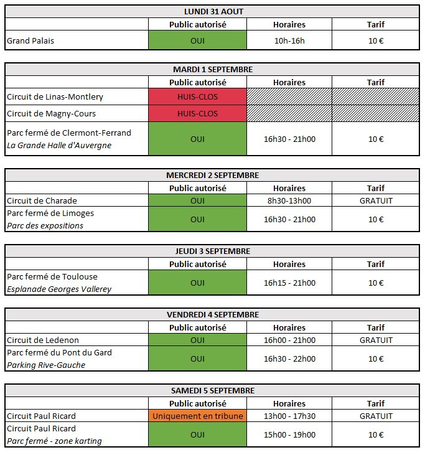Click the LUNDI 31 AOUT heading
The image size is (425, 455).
tap(213, 12)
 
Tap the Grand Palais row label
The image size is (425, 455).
tap(30, 40)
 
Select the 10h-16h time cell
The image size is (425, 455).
tap(289, 40)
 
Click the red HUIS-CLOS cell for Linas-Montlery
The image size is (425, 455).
tap(197, 96)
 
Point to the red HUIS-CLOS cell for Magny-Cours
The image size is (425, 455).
tap(197, 113)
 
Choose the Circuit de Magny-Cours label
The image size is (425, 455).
tap(52, 113)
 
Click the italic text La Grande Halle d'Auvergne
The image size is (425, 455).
tap(59, 145)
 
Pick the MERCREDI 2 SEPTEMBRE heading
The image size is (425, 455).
tap(212, 176)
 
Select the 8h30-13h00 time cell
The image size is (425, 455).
tap(289, 200)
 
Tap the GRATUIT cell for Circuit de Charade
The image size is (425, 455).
tap(376, 200)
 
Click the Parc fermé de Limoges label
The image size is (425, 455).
tap(50, 213)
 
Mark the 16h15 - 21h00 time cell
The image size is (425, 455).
tap(289, 283)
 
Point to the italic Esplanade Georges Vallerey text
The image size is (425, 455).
tap(59, 289)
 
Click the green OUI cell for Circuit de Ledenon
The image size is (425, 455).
tap(197, 340)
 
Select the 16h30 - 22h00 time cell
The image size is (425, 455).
tap(289, 359)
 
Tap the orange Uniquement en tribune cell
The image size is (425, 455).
tap(197, 416)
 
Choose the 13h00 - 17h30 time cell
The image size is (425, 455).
tap(289, 416)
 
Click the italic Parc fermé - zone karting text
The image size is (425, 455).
tap(54, 441)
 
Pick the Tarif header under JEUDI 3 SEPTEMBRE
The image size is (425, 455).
tap(376, 264)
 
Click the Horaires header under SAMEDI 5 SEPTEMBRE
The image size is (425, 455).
tap(289, 403)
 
